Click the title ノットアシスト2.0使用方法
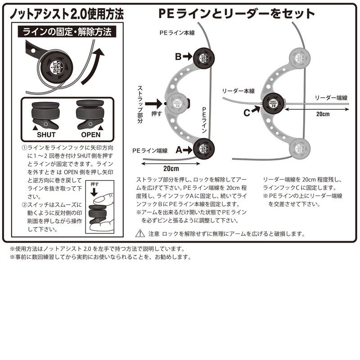(66, 13)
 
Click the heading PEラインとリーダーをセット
(237, 13)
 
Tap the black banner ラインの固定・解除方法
(66, 32)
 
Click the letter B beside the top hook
(178, 57)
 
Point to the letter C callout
(247, 113)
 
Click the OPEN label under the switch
(90, 135)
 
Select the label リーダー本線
(238, 91)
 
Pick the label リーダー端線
(330, 97)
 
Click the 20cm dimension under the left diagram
(171, 169)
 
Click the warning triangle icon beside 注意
(140, 234)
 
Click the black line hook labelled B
(202, 57)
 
